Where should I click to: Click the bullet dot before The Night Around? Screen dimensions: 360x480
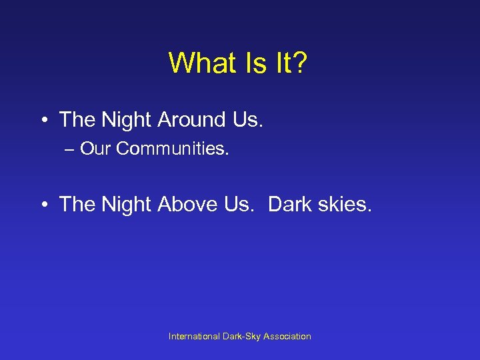point(44,121)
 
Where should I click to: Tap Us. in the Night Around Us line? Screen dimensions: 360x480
point(246,120)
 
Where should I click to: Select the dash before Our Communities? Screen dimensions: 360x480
point(69,149)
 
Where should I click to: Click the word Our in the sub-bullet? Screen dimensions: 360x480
point(96,149)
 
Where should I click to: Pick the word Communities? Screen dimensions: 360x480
point(172,149)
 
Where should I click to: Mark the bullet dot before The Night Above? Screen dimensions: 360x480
point(44,205)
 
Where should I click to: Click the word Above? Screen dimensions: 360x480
point(186,205)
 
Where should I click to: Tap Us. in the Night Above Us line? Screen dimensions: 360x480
point(240,205)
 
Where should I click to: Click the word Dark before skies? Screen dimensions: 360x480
point(289,205)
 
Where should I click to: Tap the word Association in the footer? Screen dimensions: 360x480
point(287,337)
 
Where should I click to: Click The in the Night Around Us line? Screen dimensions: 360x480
point(77,120)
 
